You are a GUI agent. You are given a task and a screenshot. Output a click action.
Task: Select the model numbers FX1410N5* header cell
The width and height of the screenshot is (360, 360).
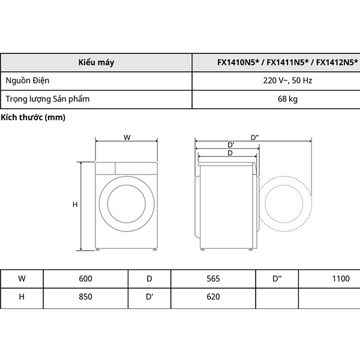coord(287,62)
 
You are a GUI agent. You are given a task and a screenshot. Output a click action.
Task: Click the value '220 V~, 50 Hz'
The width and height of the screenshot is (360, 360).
coord(287,80)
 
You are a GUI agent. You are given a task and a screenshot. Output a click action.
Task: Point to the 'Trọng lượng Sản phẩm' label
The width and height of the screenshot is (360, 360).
coord(47,98)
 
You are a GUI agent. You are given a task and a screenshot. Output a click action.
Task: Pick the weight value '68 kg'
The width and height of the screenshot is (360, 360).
coord(287,98)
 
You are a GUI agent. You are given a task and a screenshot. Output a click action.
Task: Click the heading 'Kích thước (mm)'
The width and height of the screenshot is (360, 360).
coord(33,118)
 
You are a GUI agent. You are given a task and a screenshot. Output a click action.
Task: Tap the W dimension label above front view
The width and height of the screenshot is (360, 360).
coord(127,137)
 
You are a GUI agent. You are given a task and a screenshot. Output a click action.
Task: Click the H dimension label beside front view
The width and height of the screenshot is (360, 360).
coord(75,205)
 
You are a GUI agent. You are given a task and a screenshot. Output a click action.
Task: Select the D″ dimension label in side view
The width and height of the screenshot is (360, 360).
coord(254,137)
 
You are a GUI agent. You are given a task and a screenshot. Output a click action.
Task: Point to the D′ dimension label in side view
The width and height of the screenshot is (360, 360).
coord(230,145)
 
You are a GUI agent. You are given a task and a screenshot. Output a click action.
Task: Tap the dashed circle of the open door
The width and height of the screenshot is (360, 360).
coord(286,205)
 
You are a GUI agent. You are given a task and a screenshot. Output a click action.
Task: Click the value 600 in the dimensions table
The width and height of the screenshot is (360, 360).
coord(86,278)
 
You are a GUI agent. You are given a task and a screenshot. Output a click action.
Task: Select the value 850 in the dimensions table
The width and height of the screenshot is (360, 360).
coord(86,296)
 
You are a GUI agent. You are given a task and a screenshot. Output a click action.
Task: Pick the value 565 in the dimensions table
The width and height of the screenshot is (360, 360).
coord(213,278)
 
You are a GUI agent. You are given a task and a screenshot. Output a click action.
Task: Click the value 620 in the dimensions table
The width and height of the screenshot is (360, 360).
coord(213,296)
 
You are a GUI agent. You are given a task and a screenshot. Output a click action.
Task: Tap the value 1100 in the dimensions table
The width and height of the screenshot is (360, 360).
coord(340,278)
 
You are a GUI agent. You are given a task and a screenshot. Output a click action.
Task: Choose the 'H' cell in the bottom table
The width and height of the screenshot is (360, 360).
coord(22,296)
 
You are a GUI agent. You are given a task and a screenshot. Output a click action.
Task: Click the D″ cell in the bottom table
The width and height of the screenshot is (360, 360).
coord(277,278)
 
